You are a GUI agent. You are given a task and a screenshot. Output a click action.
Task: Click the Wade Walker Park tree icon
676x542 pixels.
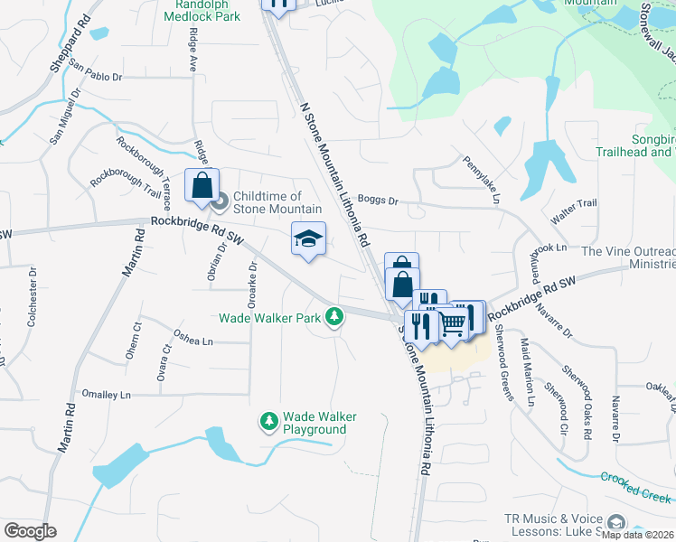tap(335, 316)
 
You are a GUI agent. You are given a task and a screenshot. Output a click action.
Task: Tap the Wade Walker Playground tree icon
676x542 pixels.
tap(268, 422)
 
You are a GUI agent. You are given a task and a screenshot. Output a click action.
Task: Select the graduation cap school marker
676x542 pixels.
tap(308, 239)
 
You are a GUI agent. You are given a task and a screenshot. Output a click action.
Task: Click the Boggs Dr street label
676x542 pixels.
tap(378, 201)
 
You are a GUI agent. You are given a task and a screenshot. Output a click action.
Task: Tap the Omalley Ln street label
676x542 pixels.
tap(107, 395)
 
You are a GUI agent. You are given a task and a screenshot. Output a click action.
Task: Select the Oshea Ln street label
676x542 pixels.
tap(194, 341)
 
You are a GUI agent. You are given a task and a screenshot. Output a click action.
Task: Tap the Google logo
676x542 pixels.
tap(30, 531)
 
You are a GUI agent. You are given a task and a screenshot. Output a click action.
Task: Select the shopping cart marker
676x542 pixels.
tap(454, 322)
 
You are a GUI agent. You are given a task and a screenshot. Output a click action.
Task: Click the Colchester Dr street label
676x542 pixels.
tap(32, 308)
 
